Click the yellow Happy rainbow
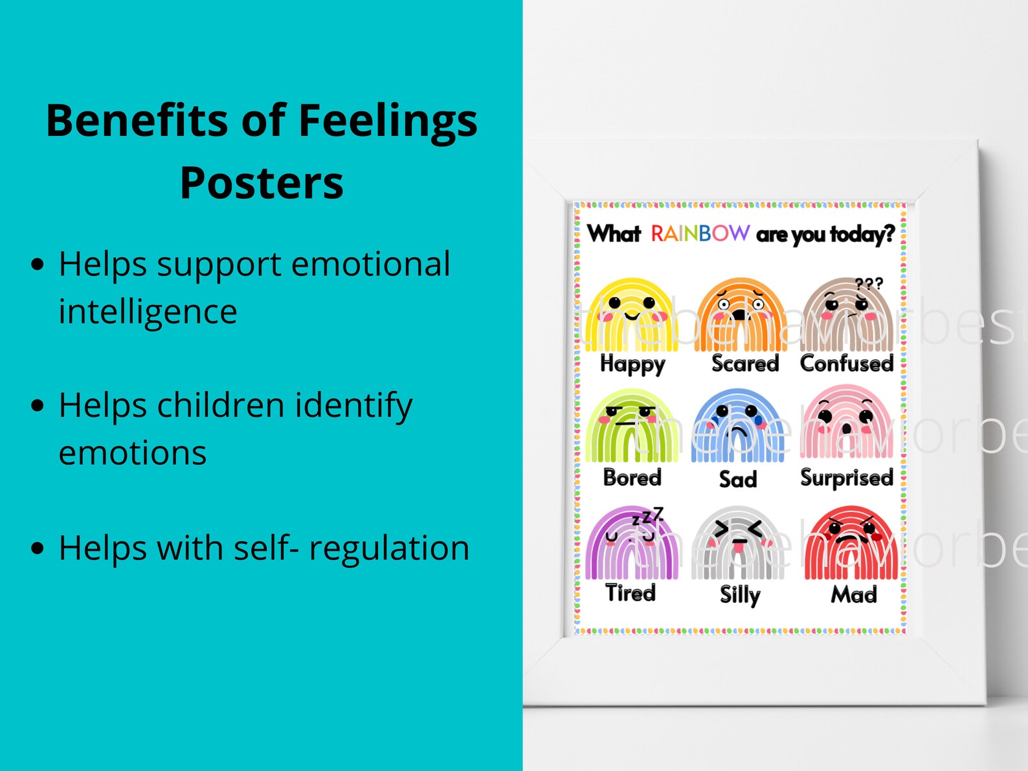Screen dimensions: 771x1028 pyautogui.click(x=631, y=315)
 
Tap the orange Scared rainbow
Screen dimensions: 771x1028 pyautogui.click(x=741, y=315)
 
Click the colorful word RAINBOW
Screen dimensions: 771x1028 pyautogui.click(x=700, y=233)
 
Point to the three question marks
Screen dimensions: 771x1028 pyautogui.click(x=868, y=284)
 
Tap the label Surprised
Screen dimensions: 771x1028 pyautogui.click(x=847, y=478)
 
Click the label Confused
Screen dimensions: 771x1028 pyautogui.click(x=847, y=363)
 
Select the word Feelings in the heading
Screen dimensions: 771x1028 pyautogui.click(x=387, y=122)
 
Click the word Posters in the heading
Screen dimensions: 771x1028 pyautogui.click(x=262, y=183)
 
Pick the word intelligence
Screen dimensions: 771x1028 pyautogui.click(x=148, y=311)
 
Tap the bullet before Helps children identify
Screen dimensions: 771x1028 pyautogui.click(x=38, y=406)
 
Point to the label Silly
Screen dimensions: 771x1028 pyautogui.click(x=740, y=595)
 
